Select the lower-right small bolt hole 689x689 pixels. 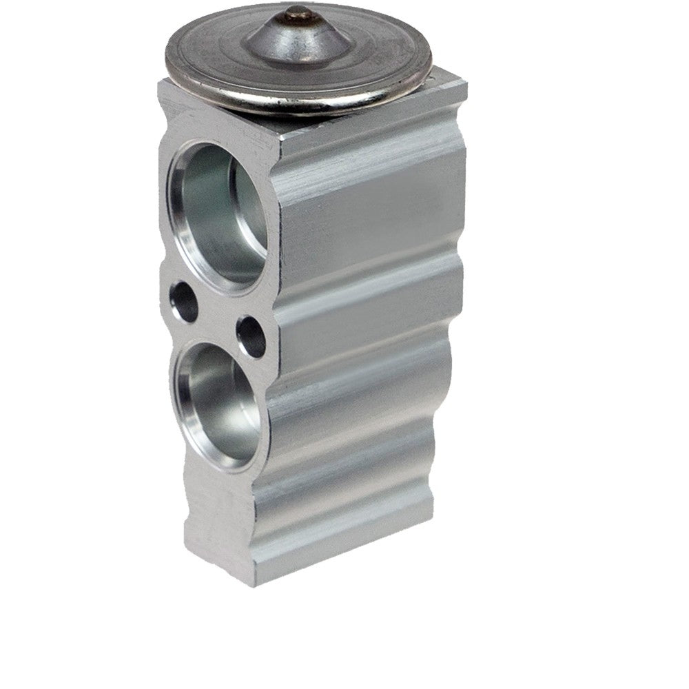coord(251,336)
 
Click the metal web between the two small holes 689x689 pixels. coord(217,318)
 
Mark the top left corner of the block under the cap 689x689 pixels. coord(160,83)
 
